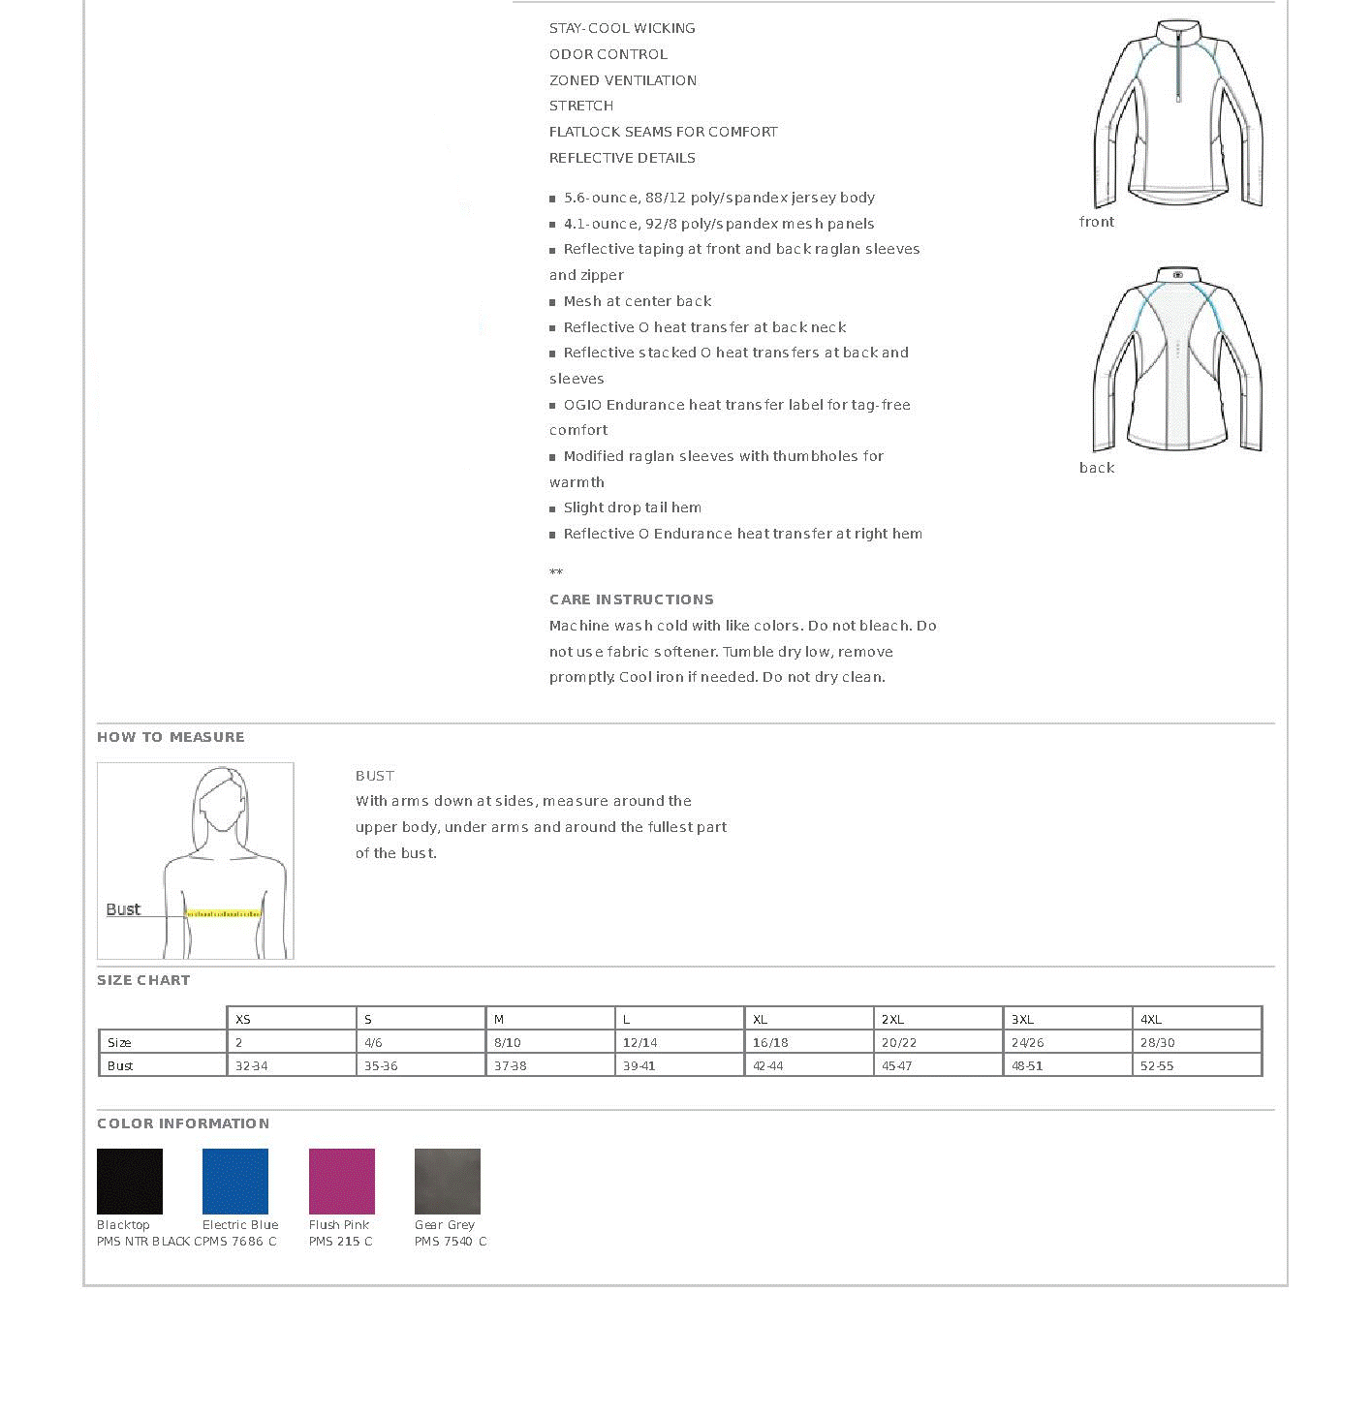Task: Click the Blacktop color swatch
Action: click(x=130, y=1181)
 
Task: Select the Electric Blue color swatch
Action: click(x=235, y=1181)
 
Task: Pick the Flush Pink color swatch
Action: click(x=341, y=1181)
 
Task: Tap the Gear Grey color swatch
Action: click(x=448, y=1181)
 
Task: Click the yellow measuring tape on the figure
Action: click(x=224, y=913)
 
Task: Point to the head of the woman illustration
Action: click(x=222, y=800)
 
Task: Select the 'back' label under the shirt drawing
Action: click(x=1097, y=468)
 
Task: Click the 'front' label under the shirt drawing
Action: click(x=1097, y=222)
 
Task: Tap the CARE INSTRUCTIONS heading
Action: click(x=632, y=600)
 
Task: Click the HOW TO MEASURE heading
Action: click(x=171, y=737)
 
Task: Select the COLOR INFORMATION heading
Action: click(x=183, y=1123)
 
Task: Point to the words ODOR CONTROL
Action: click(x=608, y=54)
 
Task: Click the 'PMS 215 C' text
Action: click(x=340, y=1241)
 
